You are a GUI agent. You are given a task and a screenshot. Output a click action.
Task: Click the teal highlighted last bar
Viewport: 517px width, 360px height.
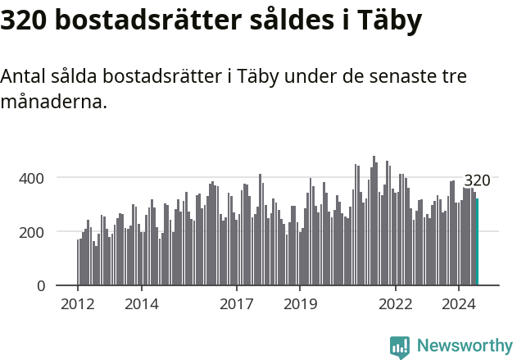tap(477, 242)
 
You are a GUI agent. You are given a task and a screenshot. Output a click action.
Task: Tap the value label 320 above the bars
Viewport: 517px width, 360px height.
tap(477, 181)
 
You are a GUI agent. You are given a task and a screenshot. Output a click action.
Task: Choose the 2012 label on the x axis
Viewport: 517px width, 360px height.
tap(78, 305)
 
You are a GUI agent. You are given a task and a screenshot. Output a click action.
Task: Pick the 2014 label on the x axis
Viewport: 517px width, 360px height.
tap(142, 305)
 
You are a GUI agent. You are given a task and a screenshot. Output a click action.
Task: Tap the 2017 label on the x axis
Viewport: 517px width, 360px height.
tap(237, 305)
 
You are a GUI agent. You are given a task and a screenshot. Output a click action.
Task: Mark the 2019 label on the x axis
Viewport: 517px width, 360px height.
tap(300, 305)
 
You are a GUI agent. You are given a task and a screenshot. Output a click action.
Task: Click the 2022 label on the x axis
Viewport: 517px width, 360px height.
tap(396, 305)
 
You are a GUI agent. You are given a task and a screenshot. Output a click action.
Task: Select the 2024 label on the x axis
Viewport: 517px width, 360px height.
tap(459, 305)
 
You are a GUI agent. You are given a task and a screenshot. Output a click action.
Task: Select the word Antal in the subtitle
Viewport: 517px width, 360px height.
tap(22, 77)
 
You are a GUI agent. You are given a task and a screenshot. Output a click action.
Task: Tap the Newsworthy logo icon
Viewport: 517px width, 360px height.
tap(400, 346)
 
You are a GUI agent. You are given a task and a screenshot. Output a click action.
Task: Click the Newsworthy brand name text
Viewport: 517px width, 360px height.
tap(464, 346)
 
